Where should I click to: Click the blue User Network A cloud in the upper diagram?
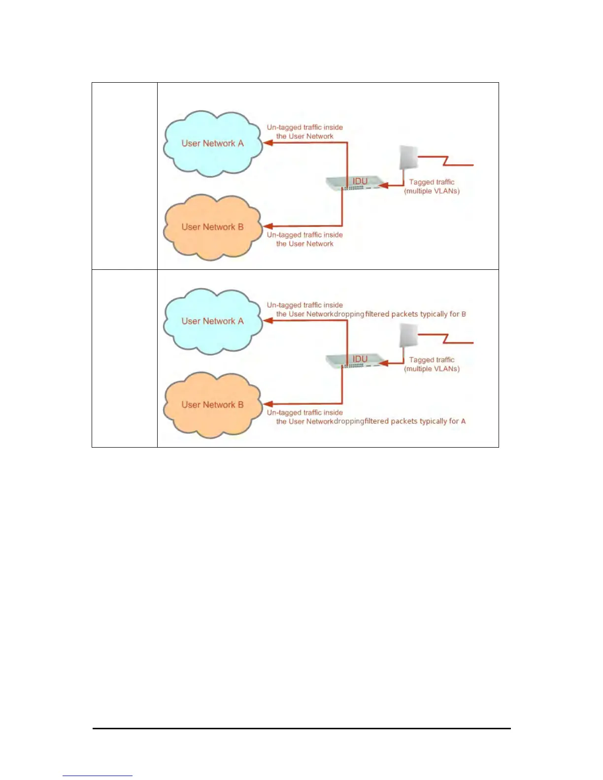pyautogui.click(x=212, y=143)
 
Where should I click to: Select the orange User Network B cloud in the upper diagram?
pyautogui.click(x=212, y=227)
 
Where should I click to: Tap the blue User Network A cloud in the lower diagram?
pyautogui.click(x=212, y=321)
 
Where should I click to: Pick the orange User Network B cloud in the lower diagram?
pyautogui.click(x=212, y=405)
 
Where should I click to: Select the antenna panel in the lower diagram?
pyautogui.click(x=408, y=335)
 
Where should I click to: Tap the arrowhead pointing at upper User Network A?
pyautogui.click(x=268, y=143)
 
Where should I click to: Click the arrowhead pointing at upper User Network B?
pyautogui.click(x=268, y=227)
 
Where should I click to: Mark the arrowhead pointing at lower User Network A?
pyautogui.click(x=268, y=321)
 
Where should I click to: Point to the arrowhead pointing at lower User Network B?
pyautogui.click(x=268, y=404)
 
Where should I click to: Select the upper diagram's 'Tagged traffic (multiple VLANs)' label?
pyautogui.click(x=432, y=187)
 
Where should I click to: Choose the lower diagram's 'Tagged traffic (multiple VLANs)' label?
pyautogui.click(x=432, y=364)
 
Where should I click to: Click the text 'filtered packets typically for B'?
pyautogui.click(x=415, y=314)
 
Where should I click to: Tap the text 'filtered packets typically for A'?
pyautogui.click(x=415, y=422)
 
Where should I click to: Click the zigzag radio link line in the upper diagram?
pyautogui.click(x=446, y=161)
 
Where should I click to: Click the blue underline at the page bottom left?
pyautogui.click(x=97, y=776)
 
